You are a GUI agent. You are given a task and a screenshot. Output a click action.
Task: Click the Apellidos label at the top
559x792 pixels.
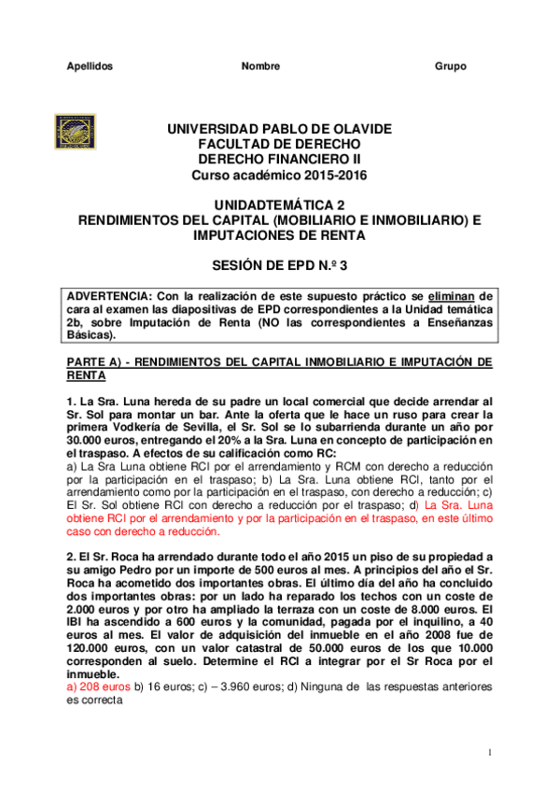tap(91, 66)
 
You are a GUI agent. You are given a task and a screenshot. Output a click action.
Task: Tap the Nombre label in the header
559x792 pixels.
tap(260, 66)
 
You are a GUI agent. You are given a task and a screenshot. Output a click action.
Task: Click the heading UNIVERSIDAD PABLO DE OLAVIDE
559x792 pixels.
tap(279, 129)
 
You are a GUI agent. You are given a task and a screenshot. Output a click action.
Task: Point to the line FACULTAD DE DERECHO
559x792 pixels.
tap(279, 144)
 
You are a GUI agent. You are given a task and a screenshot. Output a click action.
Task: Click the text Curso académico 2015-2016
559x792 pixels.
tap(279, 175)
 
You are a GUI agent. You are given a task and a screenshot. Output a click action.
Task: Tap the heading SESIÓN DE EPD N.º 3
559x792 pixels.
tap(279, 266)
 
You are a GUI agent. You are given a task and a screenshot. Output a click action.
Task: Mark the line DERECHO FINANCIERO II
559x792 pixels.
tap(279, 160)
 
